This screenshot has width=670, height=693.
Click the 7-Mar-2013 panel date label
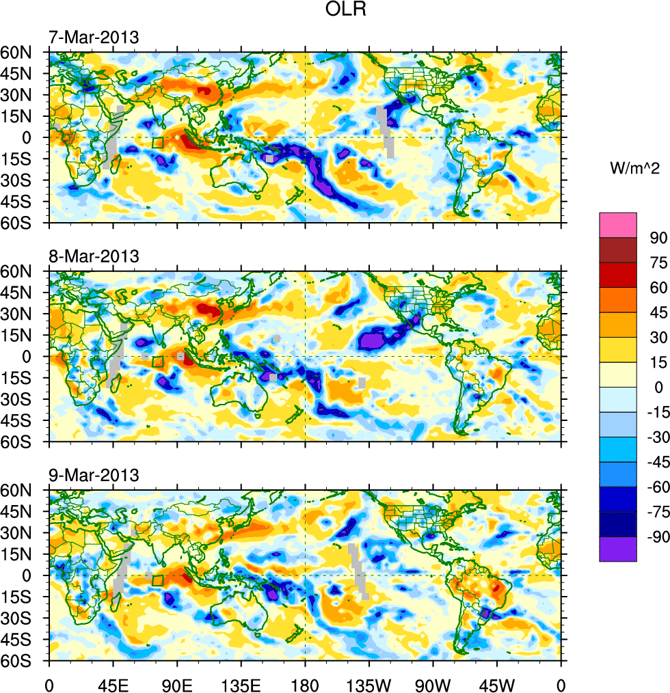[93, 37]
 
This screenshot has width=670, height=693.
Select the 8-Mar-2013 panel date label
[93, 256]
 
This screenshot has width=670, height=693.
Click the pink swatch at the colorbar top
[618, 225]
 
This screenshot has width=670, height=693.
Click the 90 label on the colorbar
[658, 238]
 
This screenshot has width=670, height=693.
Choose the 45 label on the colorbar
[658, 312]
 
